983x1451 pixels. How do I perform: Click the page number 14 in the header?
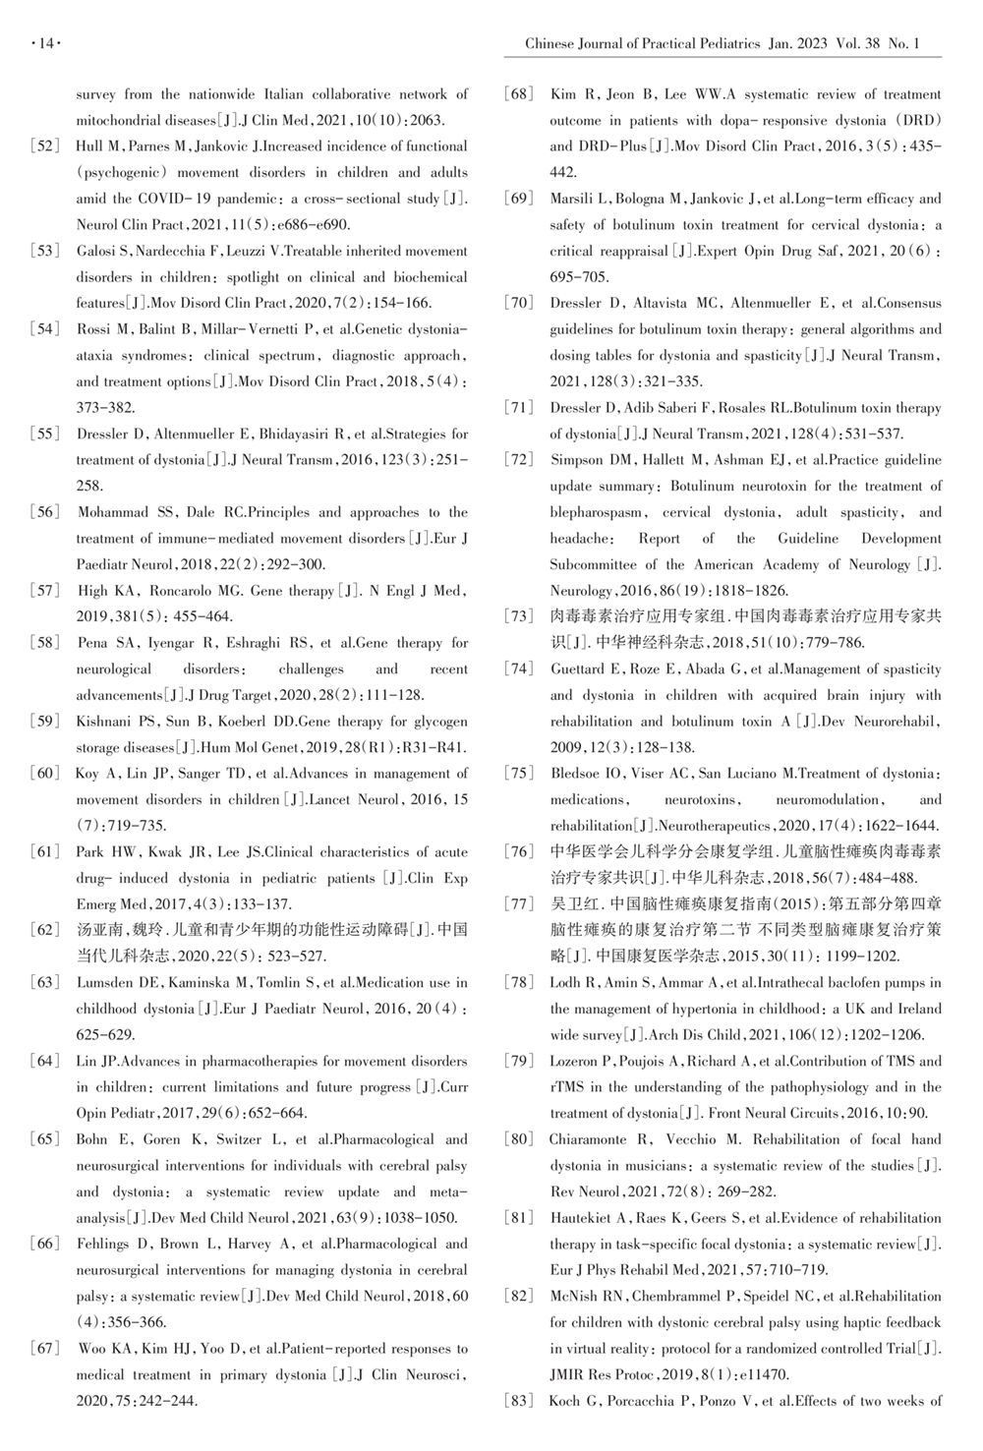[46, 43]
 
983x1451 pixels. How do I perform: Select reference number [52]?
[46, 146]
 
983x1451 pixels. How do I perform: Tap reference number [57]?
[46, 591]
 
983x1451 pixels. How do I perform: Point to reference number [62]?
[46, 930]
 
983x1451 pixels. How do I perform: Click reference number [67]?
[46, 1349]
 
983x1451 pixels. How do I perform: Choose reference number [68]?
[519, 94]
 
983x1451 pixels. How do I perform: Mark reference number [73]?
[519, 616]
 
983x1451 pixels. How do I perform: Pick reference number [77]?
[519, 903]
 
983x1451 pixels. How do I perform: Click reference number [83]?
[519, 1401]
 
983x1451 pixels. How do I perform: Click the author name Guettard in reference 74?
[578, 669]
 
